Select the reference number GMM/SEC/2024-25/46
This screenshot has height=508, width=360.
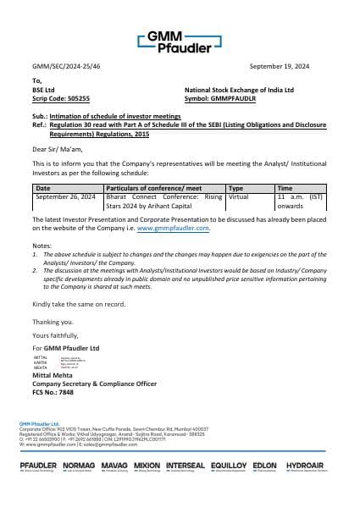click(65, 65)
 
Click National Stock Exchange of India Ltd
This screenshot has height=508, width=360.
click(239, 90)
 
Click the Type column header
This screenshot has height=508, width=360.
click(236, 188)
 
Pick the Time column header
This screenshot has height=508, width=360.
click(285, 188)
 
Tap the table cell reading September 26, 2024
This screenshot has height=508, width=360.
click(64, 196)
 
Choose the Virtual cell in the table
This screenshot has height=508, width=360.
click(238, 196)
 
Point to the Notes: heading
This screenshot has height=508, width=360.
click(42, 245)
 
